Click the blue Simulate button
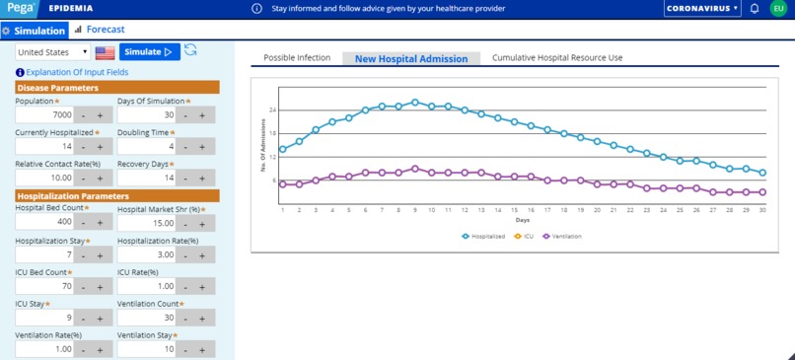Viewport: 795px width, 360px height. click(150, 52)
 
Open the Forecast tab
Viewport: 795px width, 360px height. click(105, 30)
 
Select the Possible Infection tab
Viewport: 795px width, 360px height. click(297, 58)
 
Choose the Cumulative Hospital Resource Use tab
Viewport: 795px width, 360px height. click(557, 58)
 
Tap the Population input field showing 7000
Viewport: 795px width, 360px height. click(43, 115)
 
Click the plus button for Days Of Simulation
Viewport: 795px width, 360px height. click(202, 115)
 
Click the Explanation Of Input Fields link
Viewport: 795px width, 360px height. click(76, 73)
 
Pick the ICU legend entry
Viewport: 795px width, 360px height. click(524, 237)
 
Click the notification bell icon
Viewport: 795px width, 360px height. click(755, 9)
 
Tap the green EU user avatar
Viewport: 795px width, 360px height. click(778, 9)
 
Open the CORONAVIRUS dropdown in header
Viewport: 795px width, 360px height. click(702, 9)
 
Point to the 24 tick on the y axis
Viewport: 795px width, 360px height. click(272, 109)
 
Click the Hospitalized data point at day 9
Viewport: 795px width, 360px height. click(415, 102)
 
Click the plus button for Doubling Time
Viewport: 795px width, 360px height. click(202, 147)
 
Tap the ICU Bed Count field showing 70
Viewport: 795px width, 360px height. click(43, 287)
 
